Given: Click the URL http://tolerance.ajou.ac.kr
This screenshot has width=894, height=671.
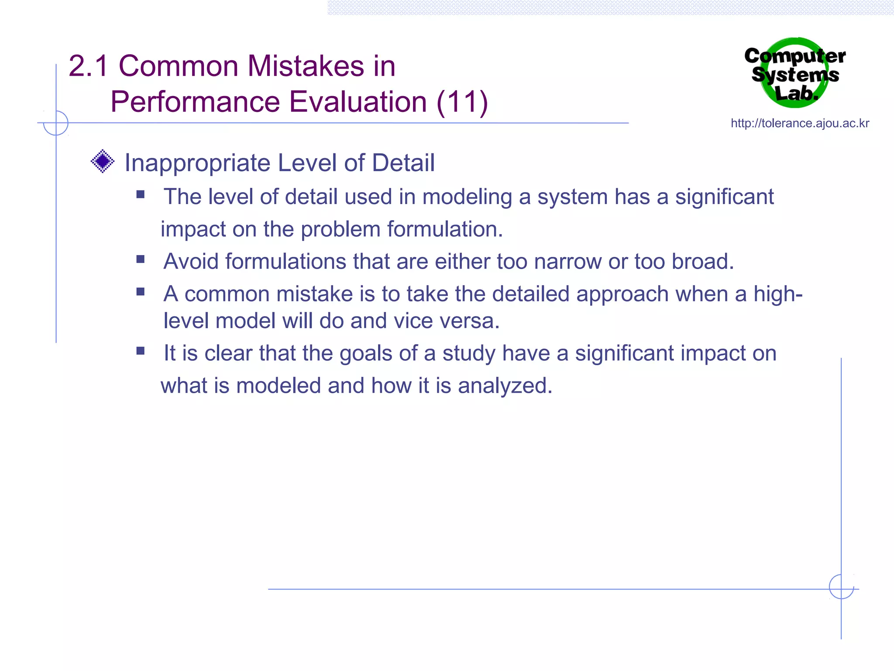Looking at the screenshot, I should (800, 123).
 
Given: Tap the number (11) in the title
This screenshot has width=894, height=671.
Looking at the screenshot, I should (462, 102).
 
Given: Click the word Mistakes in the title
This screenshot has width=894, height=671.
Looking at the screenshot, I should (306, 66).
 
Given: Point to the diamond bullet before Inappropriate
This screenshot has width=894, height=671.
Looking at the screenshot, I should (103, 161).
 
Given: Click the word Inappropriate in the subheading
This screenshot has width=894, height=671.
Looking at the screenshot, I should (197, 163).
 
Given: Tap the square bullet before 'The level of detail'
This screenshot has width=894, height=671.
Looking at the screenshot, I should (140, 194).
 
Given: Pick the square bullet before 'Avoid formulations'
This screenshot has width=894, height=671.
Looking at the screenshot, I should (140, 259).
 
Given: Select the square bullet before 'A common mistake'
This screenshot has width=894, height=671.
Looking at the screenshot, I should (140, 291).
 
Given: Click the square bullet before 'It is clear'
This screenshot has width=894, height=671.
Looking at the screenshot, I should (140, 351).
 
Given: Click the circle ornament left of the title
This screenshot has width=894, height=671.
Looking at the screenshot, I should (56, 123).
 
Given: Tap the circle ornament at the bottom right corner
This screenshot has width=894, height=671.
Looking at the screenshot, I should (841, 587).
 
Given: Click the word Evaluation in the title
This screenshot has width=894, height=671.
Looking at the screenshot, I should (358, 102).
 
